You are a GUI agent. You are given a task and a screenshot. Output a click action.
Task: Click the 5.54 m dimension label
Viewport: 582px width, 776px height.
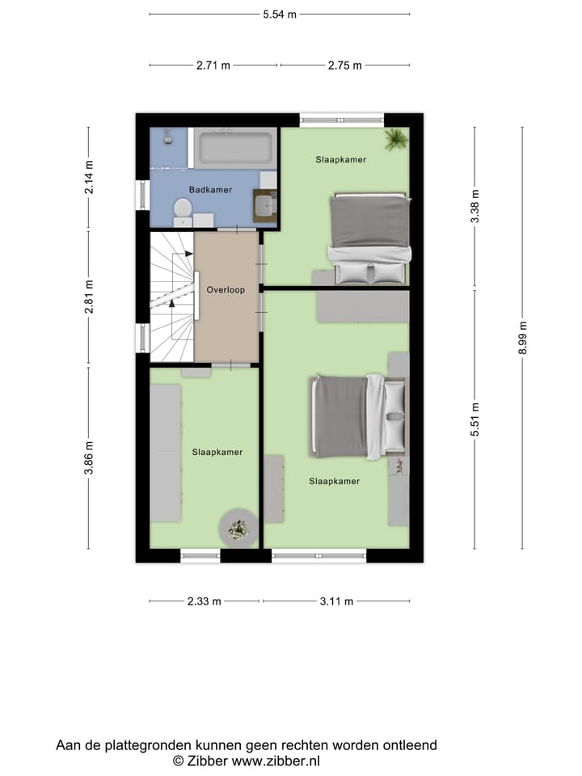[279, 15]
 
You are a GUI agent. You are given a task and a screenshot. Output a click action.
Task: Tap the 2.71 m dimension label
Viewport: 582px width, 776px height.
[213, 66]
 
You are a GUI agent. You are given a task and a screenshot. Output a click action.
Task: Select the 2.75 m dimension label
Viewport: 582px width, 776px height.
[345, 66]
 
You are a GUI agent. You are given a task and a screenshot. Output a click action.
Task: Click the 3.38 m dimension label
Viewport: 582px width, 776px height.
[476, 205]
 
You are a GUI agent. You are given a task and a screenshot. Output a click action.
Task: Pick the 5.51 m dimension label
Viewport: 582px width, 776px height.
[476, 420]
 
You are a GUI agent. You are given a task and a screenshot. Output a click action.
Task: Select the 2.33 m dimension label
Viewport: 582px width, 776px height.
[205, 601]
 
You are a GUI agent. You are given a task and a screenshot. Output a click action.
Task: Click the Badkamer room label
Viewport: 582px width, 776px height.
[210, 190]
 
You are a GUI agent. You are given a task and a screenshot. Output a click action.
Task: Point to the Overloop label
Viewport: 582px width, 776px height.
[226, 289]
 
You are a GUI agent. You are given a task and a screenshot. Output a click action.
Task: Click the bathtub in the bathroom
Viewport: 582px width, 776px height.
[234, 149]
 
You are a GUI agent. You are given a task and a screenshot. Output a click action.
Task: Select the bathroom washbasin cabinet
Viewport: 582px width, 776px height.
[264, 205]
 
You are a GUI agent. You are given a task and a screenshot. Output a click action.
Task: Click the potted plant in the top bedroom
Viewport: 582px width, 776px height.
[395, 140]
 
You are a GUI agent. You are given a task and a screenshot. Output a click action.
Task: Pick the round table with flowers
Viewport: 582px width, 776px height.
[238, 529]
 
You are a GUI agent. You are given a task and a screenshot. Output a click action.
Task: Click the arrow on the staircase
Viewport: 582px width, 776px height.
[171, 301]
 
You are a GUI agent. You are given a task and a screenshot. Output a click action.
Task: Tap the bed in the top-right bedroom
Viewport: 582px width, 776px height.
[368, 238]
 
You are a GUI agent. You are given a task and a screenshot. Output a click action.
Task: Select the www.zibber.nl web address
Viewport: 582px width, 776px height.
[276, 761]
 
